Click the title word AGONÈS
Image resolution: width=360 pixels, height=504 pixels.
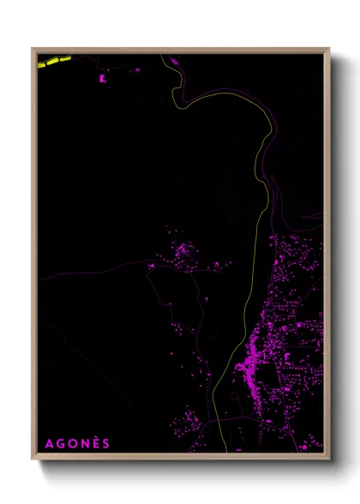click(77, 443)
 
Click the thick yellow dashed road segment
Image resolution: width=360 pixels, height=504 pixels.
click(53, 61)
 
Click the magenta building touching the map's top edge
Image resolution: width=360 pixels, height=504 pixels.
click(171, 60)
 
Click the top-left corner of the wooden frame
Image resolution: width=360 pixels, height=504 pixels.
click(33, 48)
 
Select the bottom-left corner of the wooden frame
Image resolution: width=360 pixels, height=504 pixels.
click(33, 459)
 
